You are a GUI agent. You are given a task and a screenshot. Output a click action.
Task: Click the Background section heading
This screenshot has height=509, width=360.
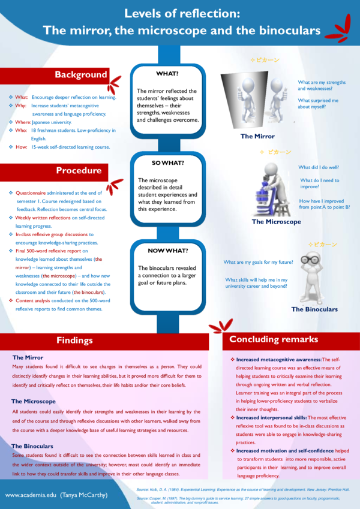(x=81, y=76)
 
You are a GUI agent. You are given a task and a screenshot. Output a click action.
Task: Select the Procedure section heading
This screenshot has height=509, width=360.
(x=79, y=171)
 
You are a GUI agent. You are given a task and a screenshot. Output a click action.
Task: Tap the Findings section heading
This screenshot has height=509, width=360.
(x=74, y=341)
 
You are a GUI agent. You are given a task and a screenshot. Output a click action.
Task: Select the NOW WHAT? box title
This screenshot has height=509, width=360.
(x=168, y=250)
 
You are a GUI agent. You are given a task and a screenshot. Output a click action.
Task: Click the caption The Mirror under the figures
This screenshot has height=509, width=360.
(x=257, y=136)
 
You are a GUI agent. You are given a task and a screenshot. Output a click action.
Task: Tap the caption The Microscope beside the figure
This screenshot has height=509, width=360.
(x=276, y=222)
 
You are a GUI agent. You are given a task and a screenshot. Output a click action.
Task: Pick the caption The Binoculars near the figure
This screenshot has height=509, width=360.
(x=314, y=309)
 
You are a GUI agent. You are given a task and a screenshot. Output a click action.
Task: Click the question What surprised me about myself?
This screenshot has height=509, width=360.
(x=319, y=103)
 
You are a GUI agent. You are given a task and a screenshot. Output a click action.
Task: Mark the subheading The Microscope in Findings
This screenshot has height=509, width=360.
(x=34, y=401)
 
